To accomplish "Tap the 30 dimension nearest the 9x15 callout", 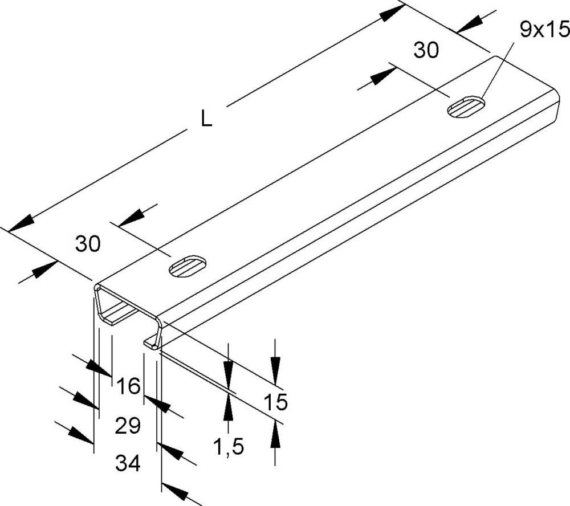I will click(426, 51).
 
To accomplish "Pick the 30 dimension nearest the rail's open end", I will click(88, 244).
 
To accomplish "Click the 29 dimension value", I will click(128, 426).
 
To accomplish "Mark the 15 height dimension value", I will click(276, 402).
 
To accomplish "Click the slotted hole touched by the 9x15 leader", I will click(467, 107).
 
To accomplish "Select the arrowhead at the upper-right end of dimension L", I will click(394, 11).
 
